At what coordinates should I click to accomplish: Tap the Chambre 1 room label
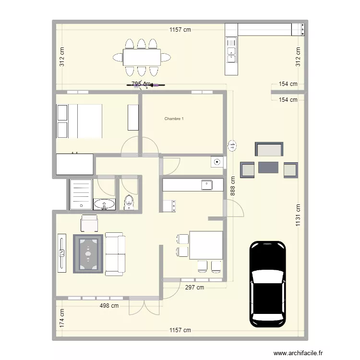174,119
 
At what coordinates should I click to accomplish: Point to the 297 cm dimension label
194,288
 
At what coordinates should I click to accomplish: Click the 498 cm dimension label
109,306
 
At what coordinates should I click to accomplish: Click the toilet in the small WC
129,203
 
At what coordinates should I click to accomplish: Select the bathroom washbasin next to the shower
104,204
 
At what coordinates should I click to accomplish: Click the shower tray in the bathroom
80,194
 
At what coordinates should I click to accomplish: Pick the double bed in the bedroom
85,121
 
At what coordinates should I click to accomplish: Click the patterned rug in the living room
88,253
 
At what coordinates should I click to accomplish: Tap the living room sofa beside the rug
114,254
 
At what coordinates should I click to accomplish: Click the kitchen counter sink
206,185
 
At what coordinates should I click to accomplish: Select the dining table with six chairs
142,58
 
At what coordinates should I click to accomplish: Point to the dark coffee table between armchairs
268,168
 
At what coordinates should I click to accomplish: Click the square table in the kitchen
206,245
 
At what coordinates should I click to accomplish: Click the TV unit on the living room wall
61,253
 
